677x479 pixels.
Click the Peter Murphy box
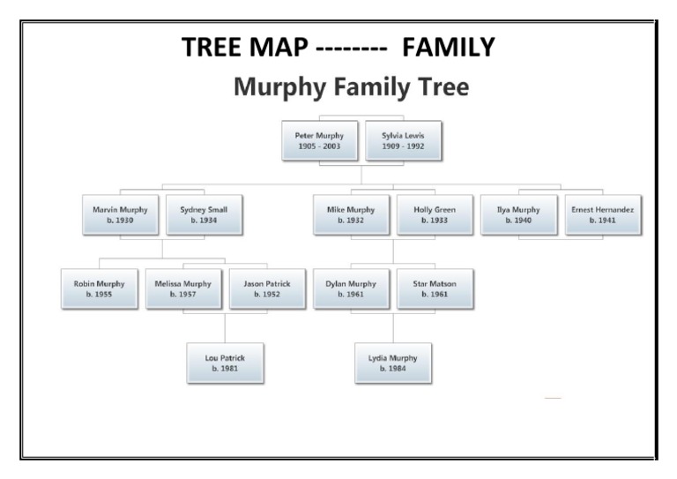pos(319,139)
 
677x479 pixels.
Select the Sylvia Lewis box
pos(403,139)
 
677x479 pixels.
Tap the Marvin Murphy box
pos(120,214)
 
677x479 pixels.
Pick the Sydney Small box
pos(204,214)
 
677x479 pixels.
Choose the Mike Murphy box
pos(351,214)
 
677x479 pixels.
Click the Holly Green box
pos(434,214)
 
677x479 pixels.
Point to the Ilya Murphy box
pos(518,214)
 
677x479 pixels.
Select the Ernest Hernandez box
pos(602,214)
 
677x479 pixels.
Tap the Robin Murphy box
pos(99,288)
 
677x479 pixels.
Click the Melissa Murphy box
pos(182,288)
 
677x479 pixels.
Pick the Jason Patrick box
pos(266,288)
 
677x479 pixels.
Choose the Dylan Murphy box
pos(351,288)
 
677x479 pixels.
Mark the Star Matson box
pos(435,288)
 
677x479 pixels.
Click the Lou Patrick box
pos(225,363)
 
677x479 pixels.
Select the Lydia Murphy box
pos(393,363)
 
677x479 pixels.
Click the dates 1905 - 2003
pos(319,146)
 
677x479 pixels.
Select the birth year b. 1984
pos(393,369)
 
